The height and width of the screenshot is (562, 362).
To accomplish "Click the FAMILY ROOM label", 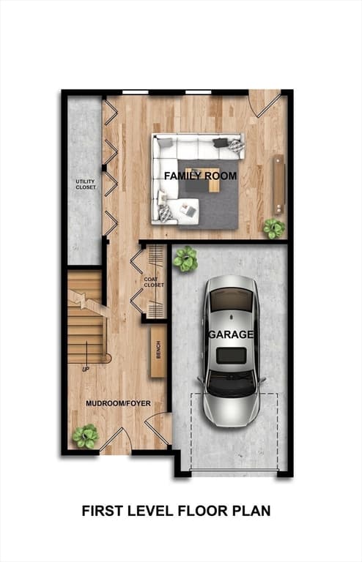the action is [200, 176].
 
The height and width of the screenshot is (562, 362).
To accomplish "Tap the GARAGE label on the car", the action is [231, 334].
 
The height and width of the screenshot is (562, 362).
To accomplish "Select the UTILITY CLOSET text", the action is [86, 184].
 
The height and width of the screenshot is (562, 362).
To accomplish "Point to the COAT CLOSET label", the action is [154, 282].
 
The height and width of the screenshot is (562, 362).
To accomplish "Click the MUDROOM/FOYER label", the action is [119, 403].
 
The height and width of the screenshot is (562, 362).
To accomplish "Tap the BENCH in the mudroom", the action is [158, 351].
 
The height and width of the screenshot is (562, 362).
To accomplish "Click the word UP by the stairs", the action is [86, 369].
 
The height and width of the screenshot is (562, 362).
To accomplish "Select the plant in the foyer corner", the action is [86, 436].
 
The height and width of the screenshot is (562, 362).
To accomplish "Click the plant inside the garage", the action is [185, 259].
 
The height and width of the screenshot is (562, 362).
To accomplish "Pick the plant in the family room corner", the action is [275, 228].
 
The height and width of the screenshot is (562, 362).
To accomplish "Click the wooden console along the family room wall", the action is [279, 184].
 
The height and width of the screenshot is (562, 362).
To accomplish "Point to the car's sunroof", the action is [232, 356].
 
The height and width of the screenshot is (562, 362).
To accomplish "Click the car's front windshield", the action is [232, 384].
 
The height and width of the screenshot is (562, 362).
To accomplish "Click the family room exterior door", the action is [265, 103].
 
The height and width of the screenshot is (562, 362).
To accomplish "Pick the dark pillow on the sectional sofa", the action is [220, 143].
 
